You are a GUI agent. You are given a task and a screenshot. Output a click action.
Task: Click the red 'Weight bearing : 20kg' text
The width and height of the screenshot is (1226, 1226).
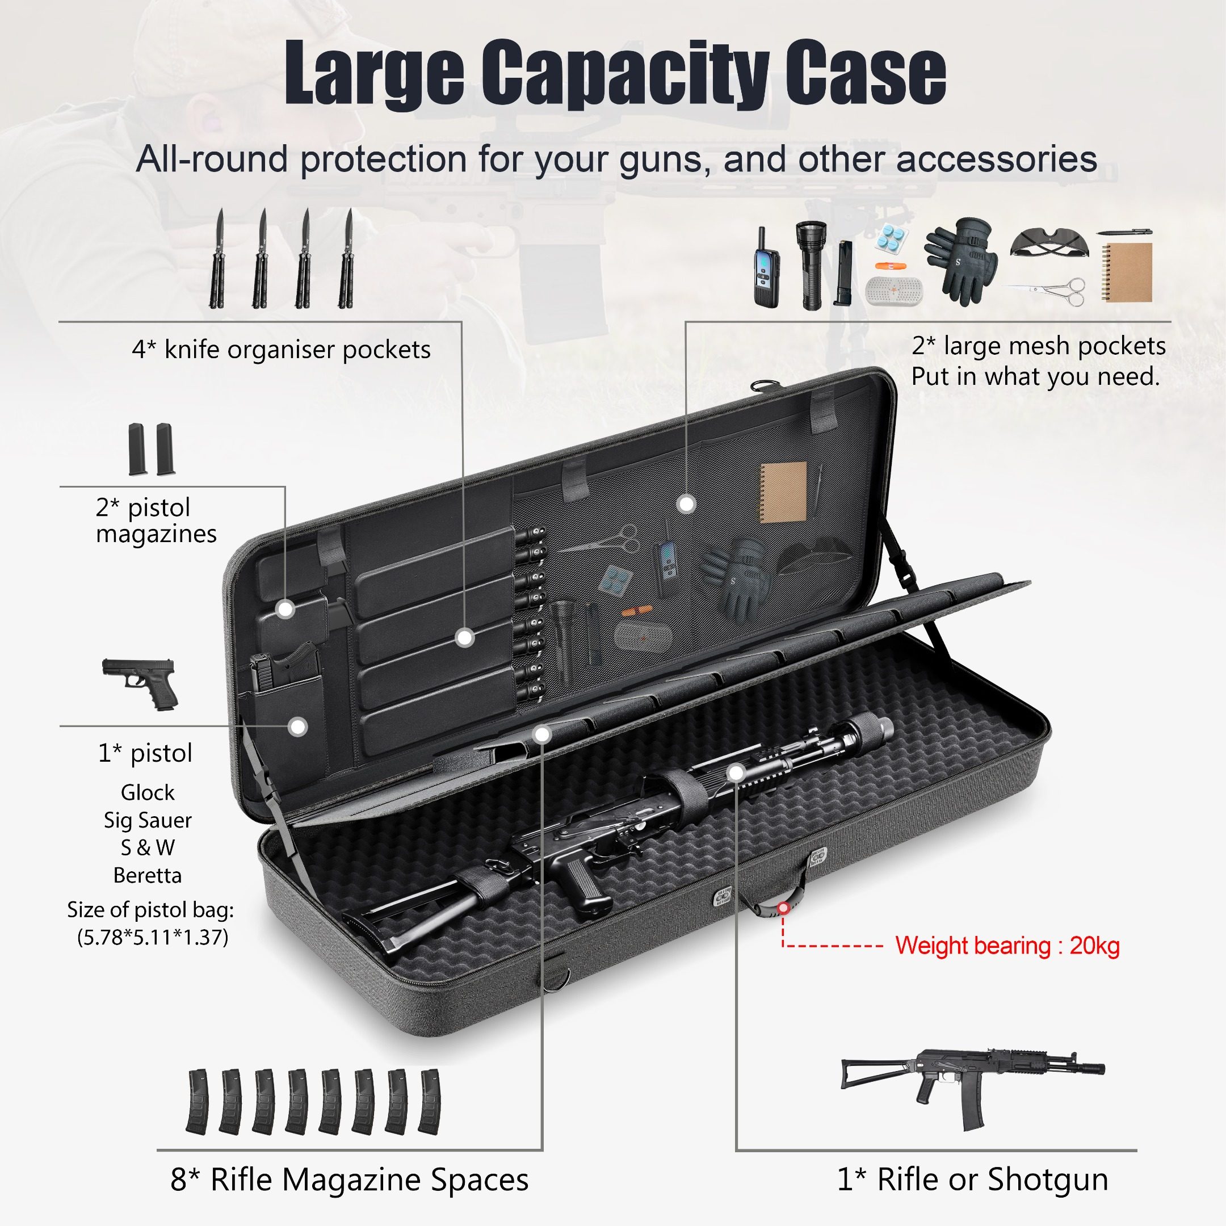pyautogui.click(x=1007, y=946)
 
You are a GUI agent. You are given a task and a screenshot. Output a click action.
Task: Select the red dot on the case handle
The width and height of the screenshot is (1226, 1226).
pyautogui.click(x=784, y=908)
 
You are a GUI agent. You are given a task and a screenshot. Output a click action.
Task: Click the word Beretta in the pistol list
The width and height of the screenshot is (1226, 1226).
pyautogui.click(x=147, y=876)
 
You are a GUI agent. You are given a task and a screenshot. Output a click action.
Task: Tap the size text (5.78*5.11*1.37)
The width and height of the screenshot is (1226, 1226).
pyautogui.click(x=152, y=937)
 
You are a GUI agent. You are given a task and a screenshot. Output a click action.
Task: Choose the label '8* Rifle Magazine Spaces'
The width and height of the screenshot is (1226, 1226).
pyautogui.click(x=349, y=1179)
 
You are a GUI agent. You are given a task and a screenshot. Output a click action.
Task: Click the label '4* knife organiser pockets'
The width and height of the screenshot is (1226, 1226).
pyautogui.click(x=281, y=350)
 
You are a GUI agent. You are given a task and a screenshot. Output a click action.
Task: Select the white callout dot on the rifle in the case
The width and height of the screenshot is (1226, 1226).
pyautogui.click(x=736, y=772)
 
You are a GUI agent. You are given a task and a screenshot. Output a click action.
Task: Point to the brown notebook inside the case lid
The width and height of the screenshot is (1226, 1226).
pyautogui.click(x=783, y=493)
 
